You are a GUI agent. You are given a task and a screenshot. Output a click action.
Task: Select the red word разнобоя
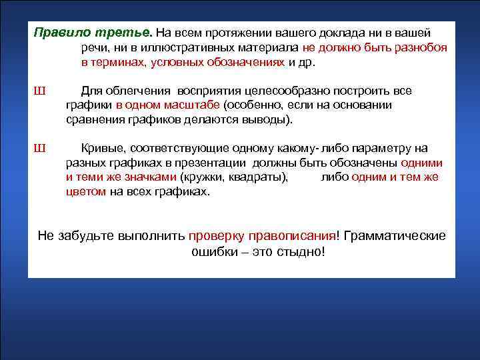[x=419, y=48]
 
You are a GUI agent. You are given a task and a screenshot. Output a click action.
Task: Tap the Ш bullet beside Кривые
[x=39, y=149]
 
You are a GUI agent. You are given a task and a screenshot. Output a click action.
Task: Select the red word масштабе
[x=195, y=105]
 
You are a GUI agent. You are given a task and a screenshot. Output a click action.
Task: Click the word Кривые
[x=103, y=149]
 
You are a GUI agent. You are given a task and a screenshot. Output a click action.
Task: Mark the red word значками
[x=149, y=177]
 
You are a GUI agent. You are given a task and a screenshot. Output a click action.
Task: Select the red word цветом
[x=86, y=192]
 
